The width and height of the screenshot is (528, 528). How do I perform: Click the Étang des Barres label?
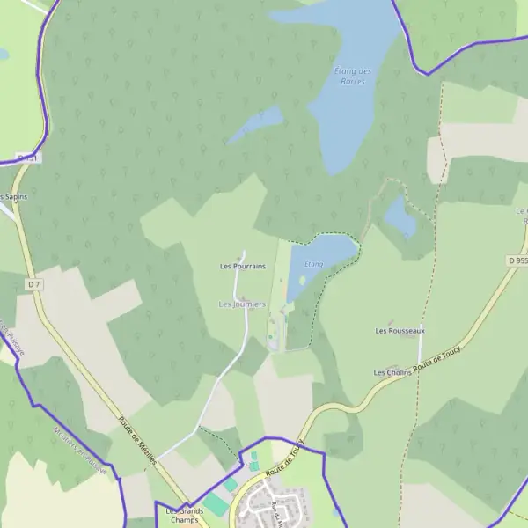pos(354,76)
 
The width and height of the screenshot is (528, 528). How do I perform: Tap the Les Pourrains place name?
pos(242,266)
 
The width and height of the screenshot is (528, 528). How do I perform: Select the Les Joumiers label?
pos(242,304)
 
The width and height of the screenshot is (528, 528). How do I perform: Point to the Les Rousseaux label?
pos(400,331)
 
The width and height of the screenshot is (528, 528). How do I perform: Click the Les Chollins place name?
pos(392,373)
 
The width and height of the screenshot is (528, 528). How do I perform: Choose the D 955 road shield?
pos(517,261)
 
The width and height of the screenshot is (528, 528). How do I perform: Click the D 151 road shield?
pos(29,158)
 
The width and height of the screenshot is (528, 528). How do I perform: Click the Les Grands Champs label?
pos(185,516)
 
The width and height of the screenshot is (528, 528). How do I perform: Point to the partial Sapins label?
pos(13,196)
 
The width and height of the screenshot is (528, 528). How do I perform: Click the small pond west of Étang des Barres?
pos(255,125)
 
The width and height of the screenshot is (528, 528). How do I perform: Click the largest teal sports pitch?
pos(216,503)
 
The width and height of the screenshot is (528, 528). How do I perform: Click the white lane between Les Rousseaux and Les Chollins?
pos(420,350)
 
